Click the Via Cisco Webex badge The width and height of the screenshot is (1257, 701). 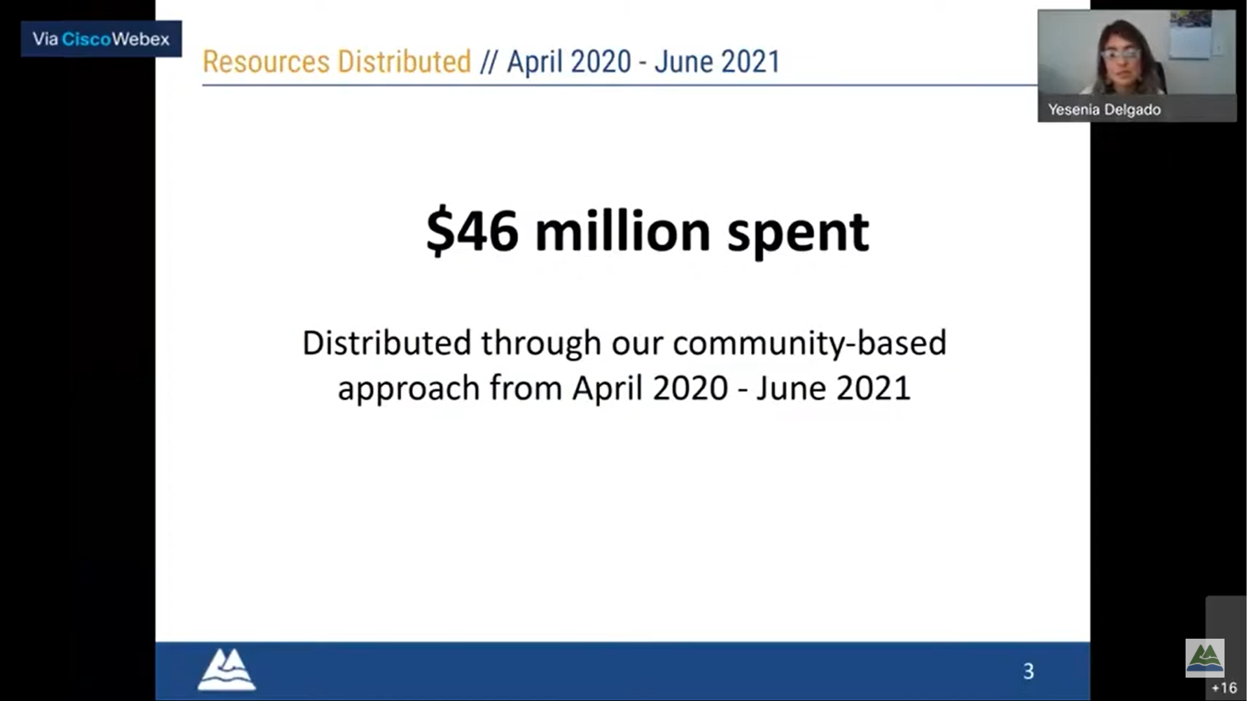[101, 39]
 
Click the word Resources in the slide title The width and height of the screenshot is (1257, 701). [266, 62]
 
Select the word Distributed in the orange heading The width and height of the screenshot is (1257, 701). [404, 62]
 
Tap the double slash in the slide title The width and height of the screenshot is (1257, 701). [488, 62]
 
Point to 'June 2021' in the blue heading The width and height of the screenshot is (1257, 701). [717, 62]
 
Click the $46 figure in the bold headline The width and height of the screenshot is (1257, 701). [472, 231]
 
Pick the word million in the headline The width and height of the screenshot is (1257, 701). [623, 230]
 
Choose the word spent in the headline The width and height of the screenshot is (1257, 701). [798, 234]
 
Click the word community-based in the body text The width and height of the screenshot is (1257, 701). [810, 344]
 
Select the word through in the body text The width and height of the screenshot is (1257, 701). [541, 344]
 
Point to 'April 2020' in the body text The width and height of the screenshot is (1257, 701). [650, 389]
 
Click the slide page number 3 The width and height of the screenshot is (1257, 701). [1028, 671]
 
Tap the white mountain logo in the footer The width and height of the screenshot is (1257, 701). [227, 669]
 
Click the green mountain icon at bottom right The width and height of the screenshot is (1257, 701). [1205, 658]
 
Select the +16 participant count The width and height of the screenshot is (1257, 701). [1225, 688]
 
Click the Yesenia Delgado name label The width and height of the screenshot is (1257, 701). [1104, 110]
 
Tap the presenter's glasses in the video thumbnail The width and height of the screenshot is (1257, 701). [1121, 54]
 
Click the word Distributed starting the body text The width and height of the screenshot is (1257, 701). [387, 343]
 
